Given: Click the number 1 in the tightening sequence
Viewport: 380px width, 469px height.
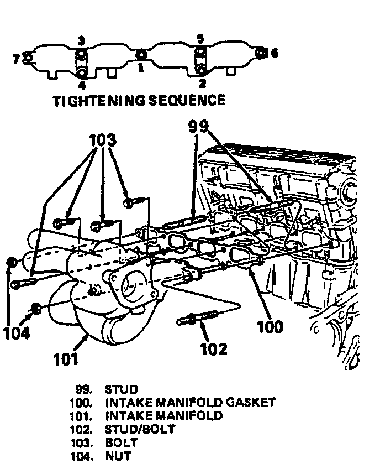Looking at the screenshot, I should coord(140,67).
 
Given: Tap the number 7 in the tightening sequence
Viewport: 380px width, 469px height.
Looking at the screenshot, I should coord(17,58).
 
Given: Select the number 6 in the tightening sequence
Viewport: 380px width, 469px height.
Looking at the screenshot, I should coord(275,53).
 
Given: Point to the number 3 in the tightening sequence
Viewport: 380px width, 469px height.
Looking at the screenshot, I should coord(81,40).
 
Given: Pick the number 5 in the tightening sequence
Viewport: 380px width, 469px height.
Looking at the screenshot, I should coord(200,39).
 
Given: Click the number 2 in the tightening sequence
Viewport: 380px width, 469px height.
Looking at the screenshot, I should coord(202,84).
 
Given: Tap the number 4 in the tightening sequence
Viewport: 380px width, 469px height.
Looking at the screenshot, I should coord(82,85).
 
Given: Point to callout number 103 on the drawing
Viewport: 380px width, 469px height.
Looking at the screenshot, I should coord(103,140).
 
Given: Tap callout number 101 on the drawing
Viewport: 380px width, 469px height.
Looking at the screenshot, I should coord(66,359).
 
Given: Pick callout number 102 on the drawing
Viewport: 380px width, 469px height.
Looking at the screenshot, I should coord(214,348).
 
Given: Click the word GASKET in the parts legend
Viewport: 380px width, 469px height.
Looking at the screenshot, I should coord(249,403).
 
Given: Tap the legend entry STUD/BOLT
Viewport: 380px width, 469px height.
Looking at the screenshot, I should coord(140,429).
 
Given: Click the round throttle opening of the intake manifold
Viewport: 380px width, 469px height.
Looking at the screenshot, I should coord(133,288).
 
